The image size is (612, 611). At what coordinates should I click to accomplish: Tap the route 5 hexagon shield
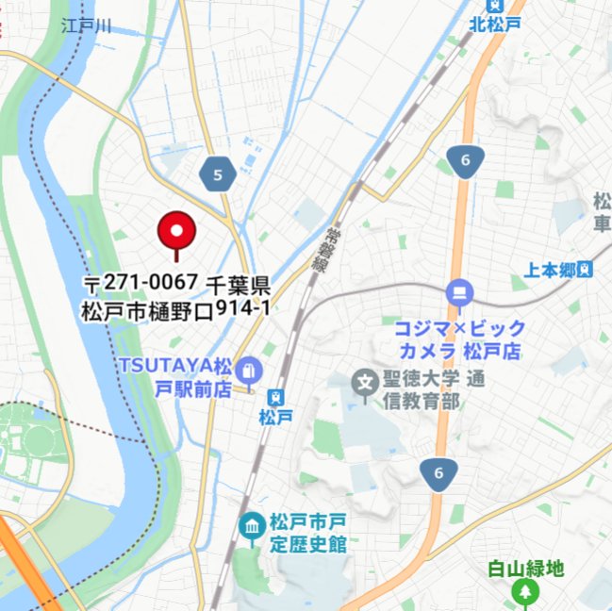[218, 174]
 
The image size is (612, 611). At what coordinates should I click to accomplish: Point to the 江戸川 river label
[86, 25]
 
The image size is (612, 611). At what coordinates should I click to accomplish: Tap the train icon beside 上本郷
[587, 270]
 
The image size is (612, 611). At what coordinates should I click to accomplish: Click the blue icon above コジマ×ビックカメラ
[460, 292]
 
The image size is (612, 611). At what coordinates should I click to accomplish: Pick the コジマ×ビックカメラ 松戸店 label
[460, 340]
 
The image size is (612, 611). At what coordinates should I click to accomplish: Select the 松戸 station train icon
[275, 397]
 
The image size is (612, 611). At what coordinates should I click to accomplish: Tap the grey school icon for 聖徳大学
[364, 382]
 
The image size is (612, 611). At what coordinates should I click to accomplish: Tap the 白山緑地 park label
[525, 568]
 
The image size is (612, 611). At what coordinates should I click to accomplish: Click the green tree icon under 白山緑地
[524, 593]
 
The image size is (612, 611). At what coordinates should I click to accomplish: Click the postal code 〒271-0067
[141, 282]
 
